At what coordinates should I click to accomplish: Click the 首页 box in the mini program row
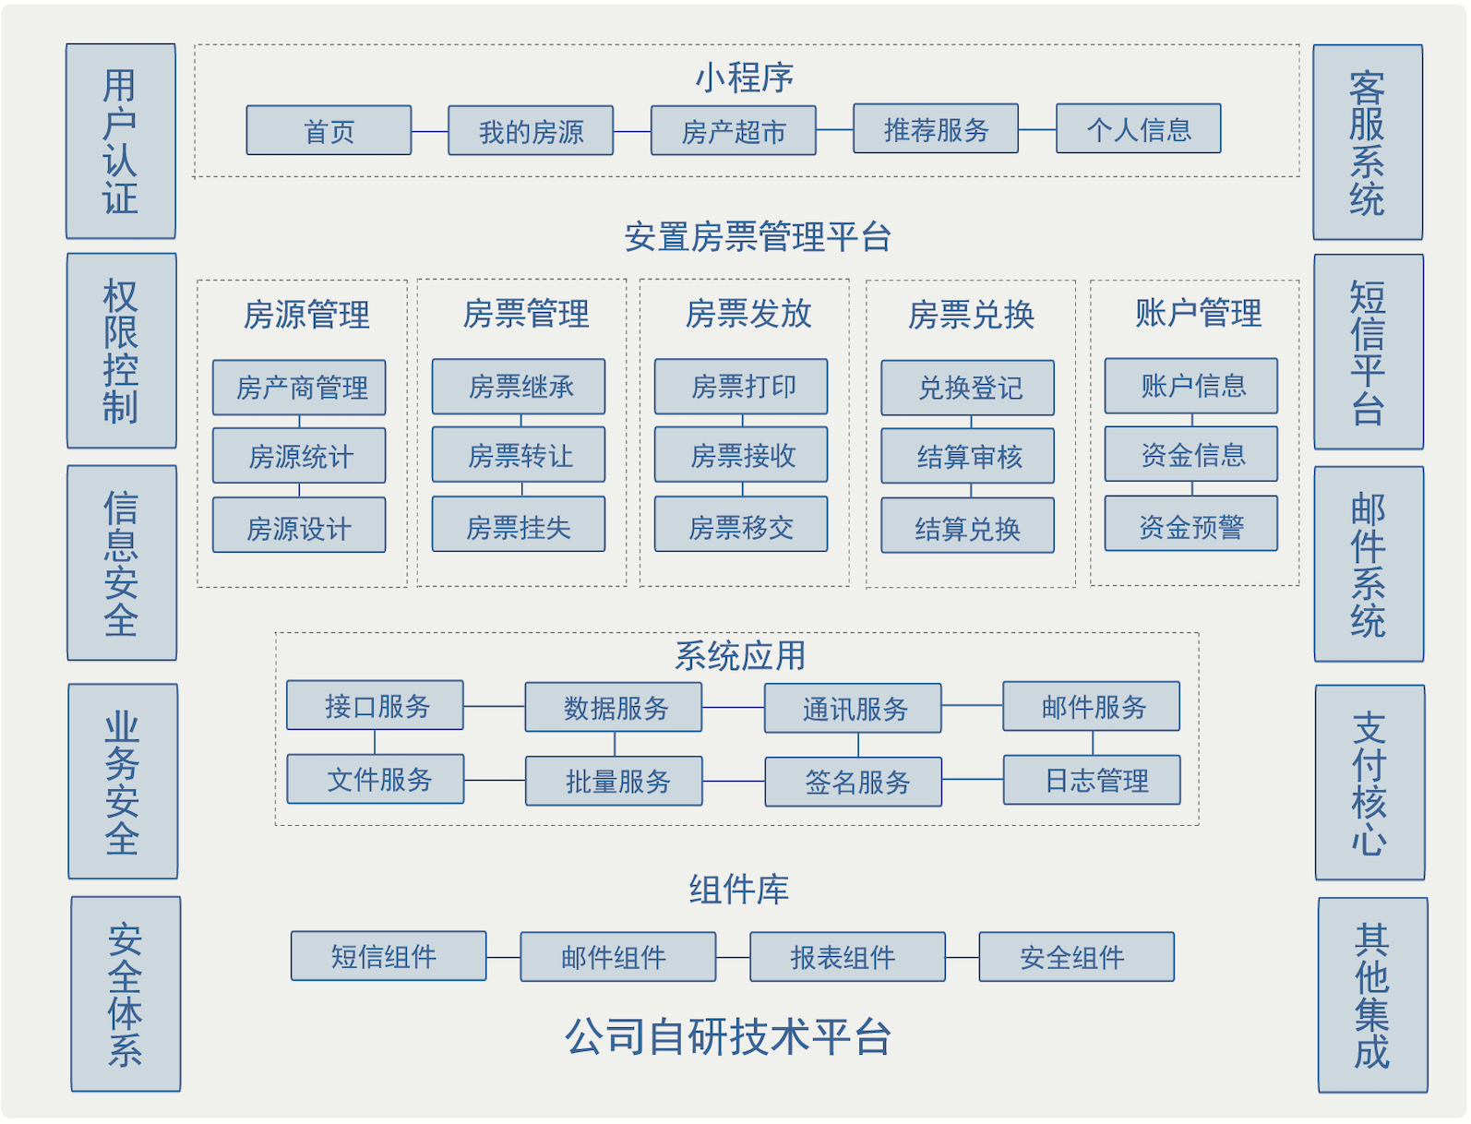329,130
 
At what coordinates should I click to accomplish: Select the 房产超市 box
733,130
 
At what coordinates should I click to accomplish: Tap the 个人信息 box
1138,129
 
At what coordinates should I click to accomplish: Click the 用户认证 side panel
120,141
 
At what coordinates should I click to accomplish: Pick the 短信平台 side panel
1368,352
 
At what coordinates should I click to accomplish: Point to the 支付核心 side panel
1369,782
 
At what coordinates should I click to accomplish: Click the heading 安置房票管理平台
757,236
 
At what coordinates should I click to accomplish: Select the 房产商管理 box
299,388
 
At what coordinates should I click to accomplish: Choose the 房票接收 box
741,455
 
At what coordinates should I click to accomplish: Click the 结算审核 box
967,456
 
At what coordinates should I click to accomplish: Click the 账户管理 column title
1197,313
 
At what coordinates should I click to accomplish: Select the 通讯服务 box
853,708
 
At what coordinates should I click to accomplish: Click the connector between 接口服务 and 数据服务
494,706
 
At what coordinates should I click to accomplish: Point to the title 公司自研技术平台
727,1035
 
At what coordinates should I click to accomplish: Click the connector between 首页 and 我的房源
430,131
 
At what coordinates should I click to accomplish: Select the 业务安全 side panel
122,781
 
